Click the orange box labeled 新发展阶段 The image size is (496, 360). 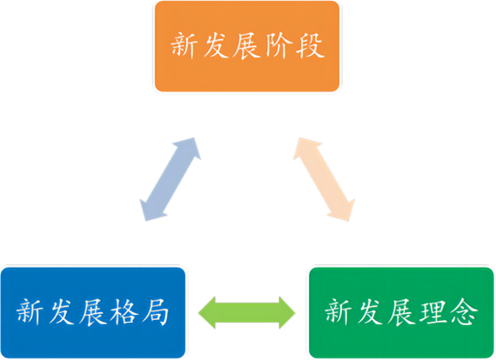247,46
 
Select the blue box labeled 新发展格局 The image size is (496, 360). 93,312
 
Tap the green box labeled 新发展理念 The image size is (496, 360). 401,312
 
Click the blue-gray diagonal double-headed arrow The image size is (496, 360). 171,179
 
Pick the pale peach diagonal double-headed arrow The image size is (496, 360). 324,179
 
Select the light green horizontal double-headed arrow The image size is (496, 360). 247,312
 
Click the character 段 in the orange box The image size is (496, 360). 310,46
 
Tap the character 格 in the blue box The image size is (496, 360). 124,312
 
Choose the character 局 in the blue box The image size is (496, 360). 155,312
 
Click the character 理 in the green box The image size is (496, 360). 432,312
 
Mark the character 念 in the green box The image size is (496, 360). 464,312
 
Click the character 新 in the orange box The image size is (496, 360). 184,46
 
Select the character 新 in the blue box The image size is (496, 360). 30,312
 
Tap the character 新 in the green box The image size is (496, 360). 338,312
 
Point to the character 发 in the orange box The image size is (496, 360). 216,46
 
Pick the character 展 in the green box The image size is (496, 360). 401,312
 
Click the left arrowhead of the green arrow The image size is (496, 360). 207,312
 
